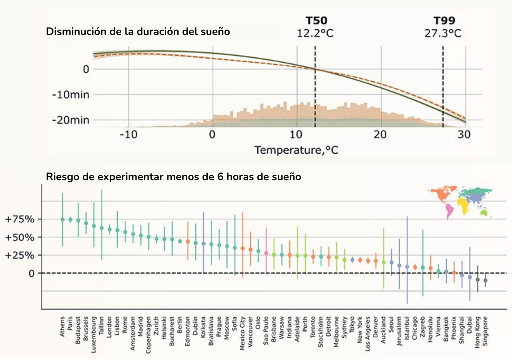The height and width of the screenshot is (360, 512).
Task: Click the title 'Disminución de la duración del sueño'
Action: pyautogui.click(x=138, y=32)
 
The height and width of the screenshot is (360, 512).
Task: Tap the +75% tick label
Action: pyautogui.click(x=19, y=219)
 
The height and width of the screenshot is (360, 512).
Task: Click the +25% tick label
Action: pyautogui.click(x=19, y=255)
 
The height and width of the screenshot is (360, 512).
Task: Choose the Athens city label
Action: pyautogui.click(x=62, y=326)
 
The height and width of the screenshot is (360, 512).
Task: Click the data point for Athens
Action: pyautogui.click(x=62, y=219)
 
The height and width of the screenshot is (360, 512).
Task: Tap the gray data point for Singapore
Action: pyautogui.click(x=485, y=281)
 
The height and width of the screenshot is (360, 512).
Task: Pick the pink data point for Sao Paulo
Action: pyautogui.click(x=266, y=253)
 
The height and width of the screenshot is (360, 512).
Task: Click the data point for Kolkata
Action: pyautogui.click(x=203, y=244)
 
